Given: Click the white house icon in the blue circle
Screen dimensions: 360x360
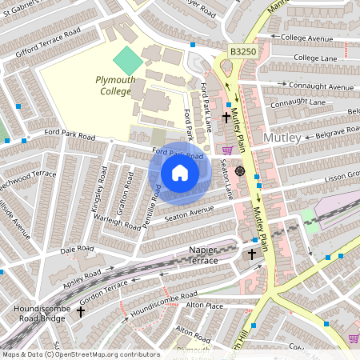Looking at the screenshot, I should (x=180, y=173).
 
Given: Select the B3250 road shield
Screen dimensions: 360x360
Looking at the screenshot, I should (x=243, y=51).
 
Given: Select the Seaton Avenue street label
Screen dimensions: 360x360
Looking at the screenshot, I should (x=189, y=213).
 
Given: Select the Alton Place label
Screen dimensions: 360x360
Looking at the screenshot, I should (x=204, y=306).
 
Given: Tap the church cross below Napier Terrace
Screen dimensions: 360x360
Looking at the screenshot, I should (x=253, y=254).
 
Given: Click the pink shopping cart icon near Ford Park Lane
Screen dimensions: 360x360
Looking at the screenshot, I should (x=227, y=150).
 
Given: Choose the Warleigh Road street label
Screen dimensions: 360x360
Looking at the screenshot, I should (x=117, y=220).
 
